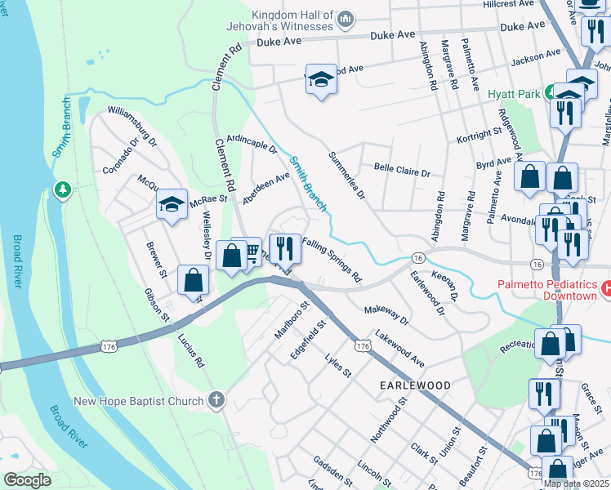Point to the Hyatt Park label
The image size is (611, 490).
514,95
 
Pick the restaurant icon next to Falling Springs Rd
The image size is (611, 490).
284,247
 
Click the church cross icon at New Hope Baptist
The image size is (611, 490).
216,400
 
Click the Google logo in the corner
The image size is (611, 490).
27,480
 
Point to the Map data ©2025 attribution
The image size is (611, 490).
576,483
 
